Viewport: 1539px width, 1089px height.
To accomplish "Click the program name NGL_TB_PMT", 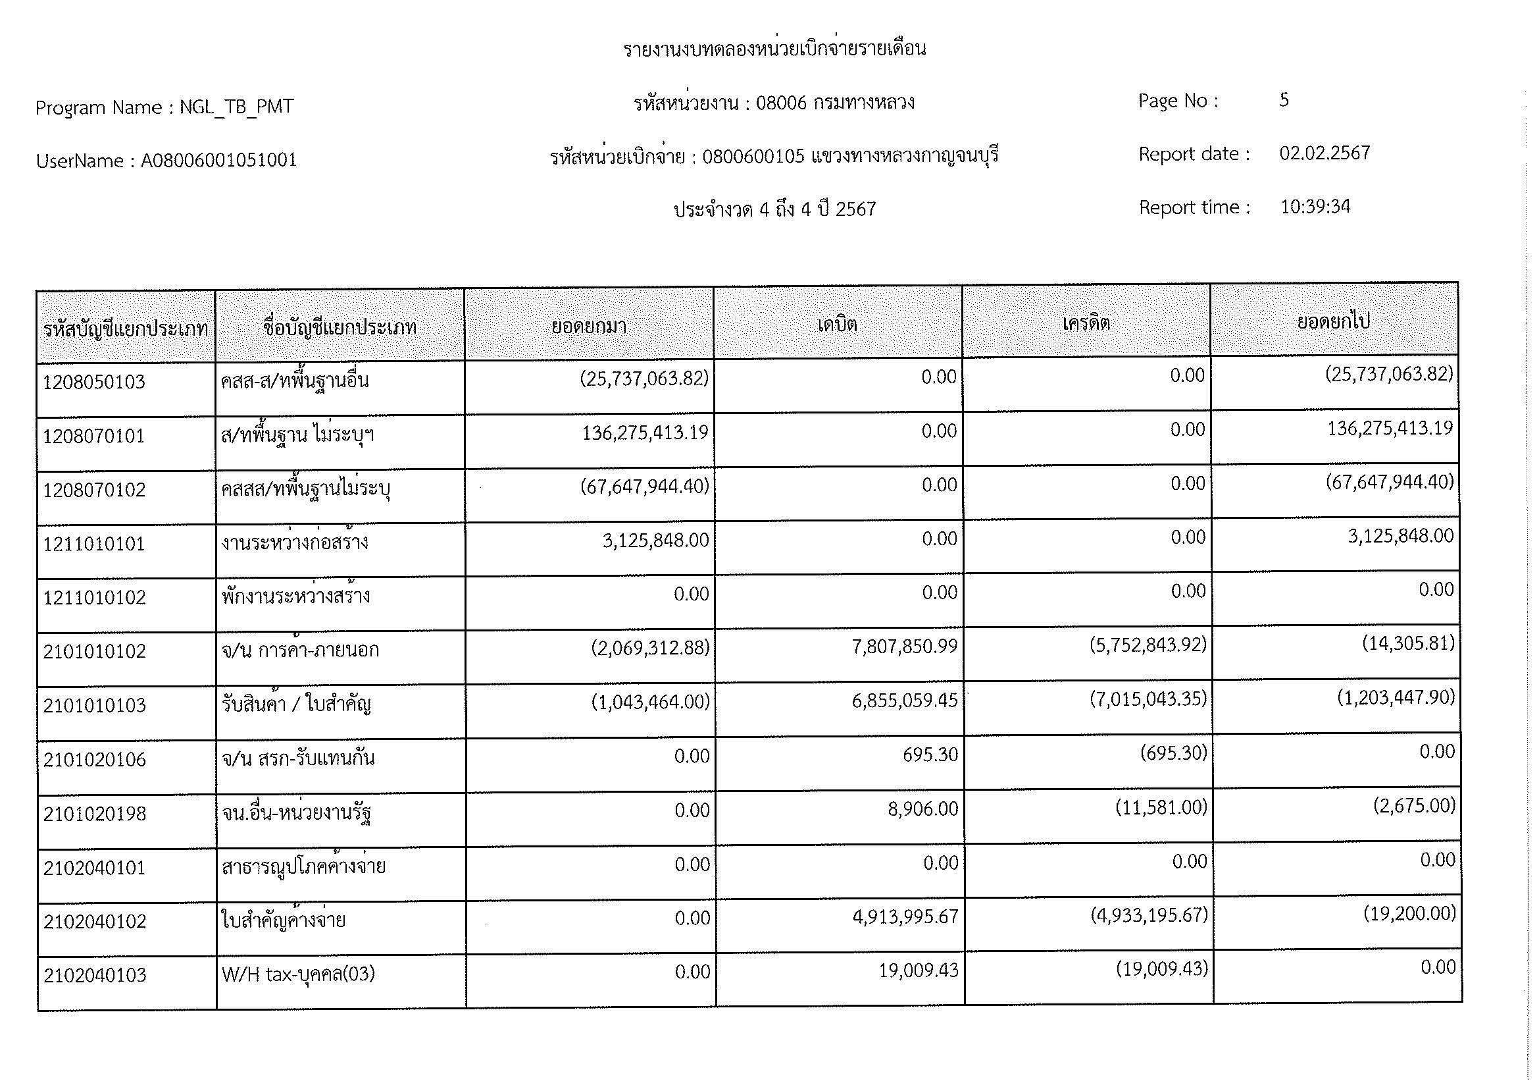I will click(x=236, y=107).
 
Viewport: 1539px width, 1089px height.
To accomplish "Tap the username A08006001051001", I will click(x=218, y=160).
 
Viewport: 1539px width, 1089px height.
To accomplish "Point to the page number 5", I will click(x=1284, y=100).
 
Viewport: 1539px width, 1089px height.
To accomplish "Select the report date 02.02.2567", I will click(x=1325, y=153).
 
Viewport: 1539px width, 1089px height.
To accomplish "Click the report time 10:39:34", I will click(x=1315, y=207).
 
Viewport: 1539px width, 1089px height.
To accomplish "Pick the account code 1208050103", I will click(x=94, y=383).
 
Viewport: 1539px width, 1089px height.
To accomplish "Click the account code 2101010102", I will click(x=95, y=651).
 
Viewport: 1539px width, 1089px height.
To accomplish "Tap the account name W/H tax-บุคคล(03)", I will click(x=298, y=974).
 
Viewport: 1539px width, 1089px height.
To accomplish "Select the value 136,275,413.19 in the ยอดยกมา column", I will click(x=645, y=433).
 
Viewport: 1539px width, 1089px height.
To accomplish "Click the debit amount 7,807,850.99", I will click(x=904, y=647).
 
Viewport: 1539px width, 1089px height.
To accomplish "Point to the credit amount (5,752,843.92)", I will click(x=1148, y=645).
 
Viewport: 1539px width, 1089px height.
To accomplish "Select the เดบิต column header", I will click(x=837, y=325).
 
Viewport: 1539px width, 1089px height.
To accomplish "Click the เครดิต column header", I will click(x=1086, y=323).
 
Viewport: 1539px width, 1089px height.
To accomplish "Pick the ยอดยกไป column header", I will click(x=1333, y=321).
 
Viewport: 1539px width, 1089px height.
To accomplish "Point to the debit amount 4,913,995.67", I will click(x=905, y=916).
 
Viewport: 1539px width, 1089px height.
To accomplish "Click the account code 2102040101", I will click(x=95, y=868).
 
